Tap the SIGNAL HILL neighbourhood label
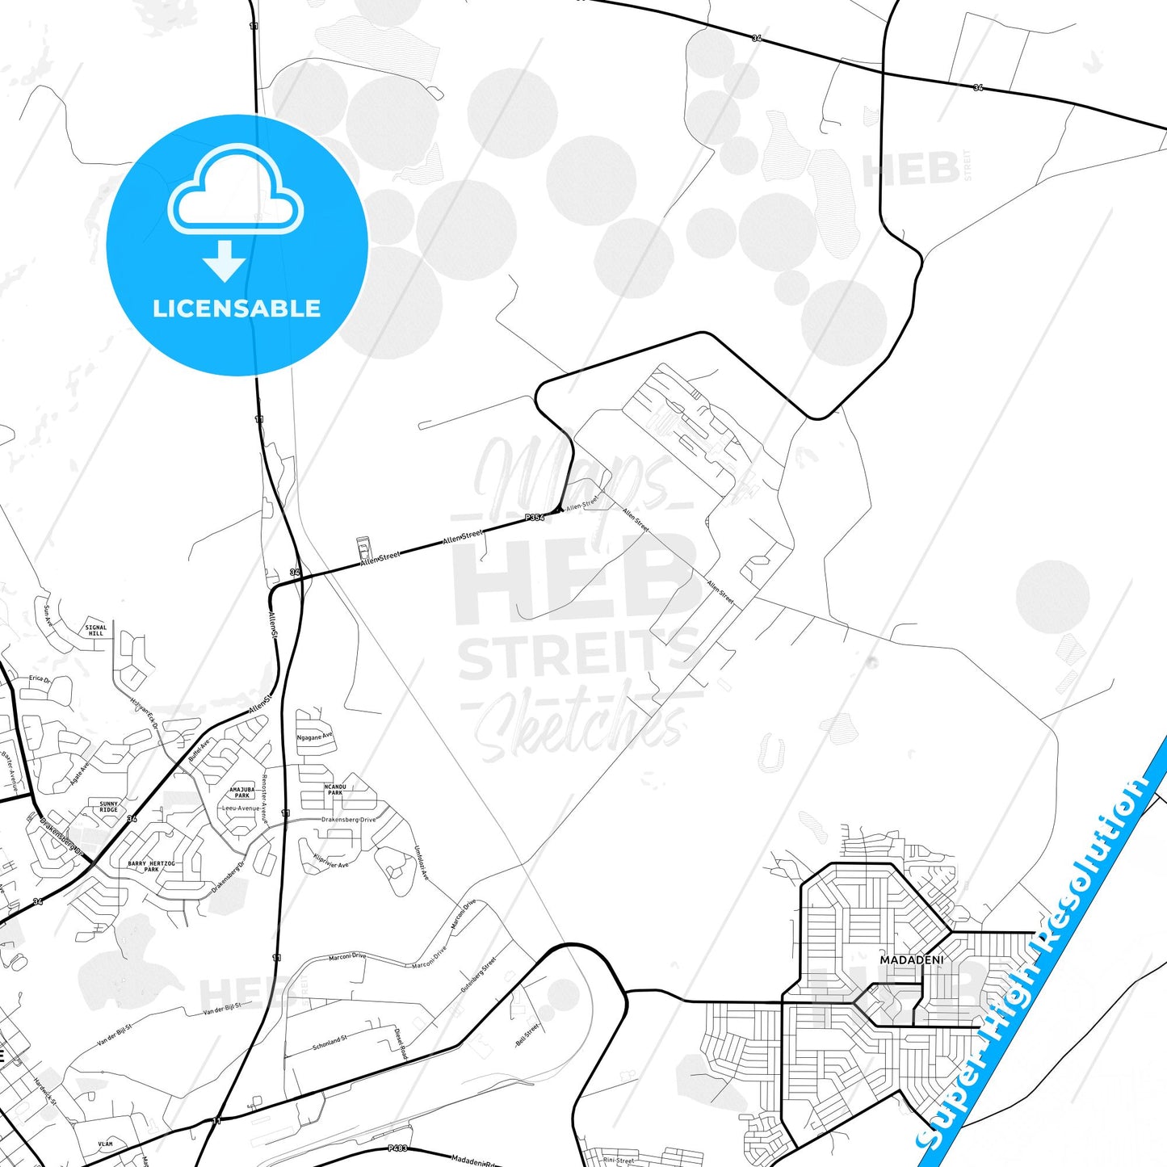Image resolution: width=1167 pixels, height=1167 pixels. tap(95, 630)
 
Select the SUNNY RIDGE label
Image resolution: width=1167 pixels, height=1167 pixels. tap(108, 807)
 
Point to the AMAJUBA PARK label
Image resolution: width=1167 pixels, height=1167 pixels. tap(241, 792)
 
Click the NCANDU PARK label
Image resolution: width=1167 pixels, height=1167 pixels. tap(334, 789)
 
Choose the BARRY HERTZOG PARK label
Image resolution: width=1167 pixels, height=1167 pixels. tap(151, 866)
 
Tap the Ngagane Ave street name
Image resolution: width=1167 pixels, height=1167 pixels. tap(314, 737)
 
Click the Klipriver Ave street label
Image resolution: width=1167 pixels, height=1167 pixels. tap(330, 861)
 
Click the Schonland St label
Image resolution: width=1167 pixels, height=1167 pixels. tap(330, 1043)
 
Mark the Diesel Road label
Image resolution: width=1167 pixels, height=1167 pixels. tap(401, 1043)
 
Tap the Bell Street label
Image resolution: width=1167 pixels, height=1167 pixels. tap(527, 1035)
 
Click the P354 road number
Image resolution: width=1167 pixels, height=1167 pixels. tap(534, 517)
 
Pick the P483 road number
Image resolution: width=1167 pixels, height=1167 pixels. tap(397, 1148)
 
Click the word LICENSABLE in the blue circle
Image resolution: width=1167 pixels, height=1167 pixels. tap(237, 308)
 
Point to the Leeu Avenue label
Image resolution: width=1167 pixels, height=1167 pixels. tap(241, 808)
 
